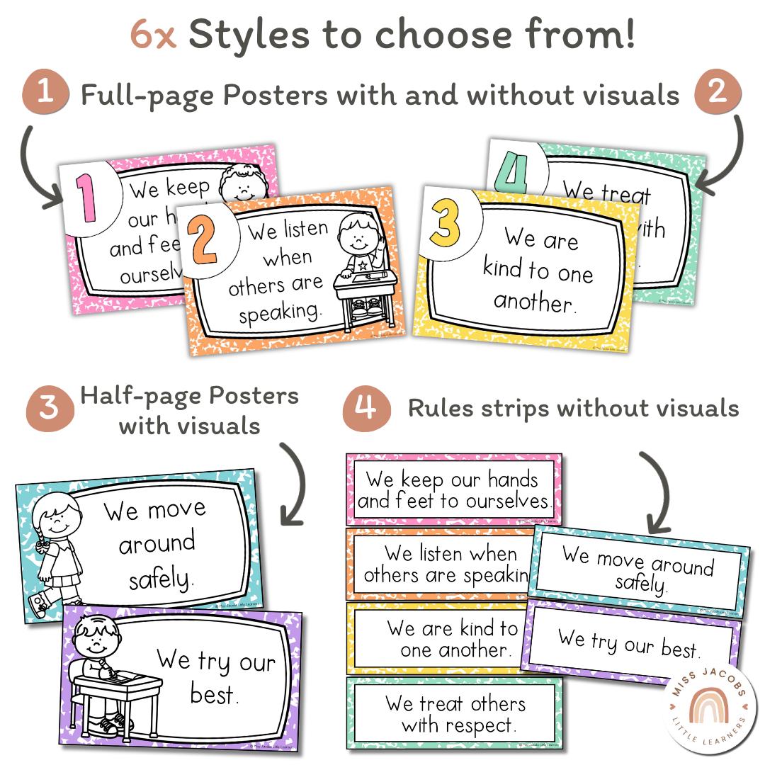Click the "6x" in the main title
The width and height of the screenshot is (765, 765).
152,35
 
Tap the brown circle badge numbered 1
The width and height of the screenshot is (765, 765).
45,93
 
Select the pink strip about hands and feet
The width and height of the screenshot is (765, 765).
453,489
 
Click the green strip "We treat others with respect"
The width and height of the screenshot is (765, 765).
453,713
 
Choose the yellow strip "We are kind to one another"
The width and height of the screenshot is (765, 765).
439,638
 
